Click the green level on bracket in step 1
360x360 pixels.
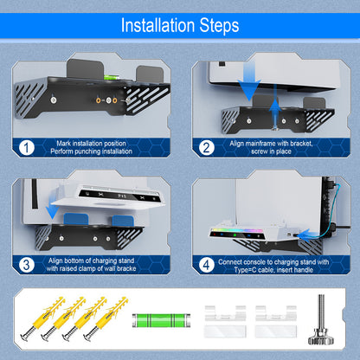click(112, 86)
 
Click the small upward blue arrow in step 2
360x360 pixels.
click(275, 109)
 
